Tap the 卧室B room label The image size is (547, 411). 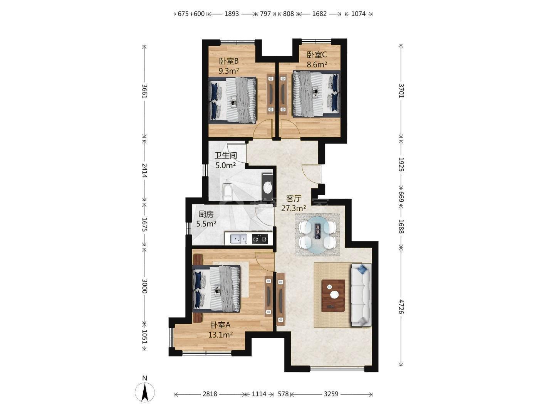point(229,61)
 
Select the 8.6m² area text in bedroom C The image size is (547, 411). point(317,64)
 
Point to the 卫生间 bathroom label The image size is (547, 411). point(225,156)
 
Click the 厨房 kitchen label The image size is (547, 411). point(206,214)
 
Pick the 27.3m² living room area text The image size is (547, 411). point(294,208)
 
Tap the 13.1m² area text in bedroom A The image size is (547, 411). point(221,335)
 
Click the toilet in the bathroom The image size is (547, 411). point(227,192)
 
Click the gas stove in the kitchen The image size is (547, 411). point(260,239)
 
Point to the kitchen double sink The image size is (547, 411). point(238,239)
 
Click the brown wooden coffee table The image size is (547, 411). point(333,296)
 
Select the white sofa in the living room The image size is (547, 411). point(361,295)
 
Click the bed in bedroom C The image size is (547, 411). point(316,94)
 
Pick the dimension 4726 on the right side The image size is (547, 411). point(401,306)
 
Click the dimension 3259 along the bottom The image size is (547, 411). point(331,394)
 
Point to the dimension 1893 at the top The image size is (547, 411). point(232,14)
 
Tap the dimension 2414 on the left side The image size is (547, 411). point(144,170)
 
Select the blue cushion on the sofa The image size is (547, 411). point(362,269)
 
